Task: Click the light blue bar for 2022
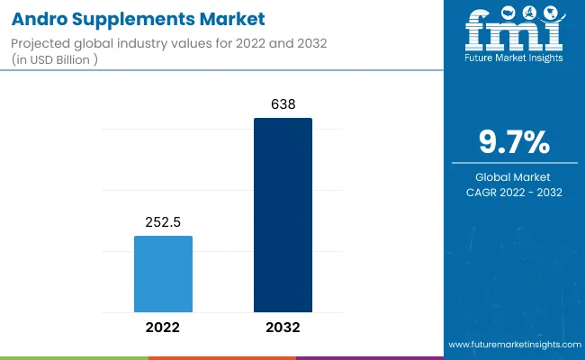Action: (x=163, y=274)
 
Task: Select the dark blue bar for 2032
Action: (x=283, y=215)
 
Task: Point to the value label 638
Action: (x=283, y=104)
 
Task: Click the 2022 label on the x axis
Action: (x=163, y=328)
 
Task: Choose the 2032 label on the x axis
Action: (x=283, y=328)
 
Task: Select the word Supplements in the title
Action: (x=135, y=19)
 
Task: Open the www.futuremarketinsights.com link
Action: (x=512, y=345)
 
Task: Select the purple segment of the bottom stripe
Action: (x=369, y=357)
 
